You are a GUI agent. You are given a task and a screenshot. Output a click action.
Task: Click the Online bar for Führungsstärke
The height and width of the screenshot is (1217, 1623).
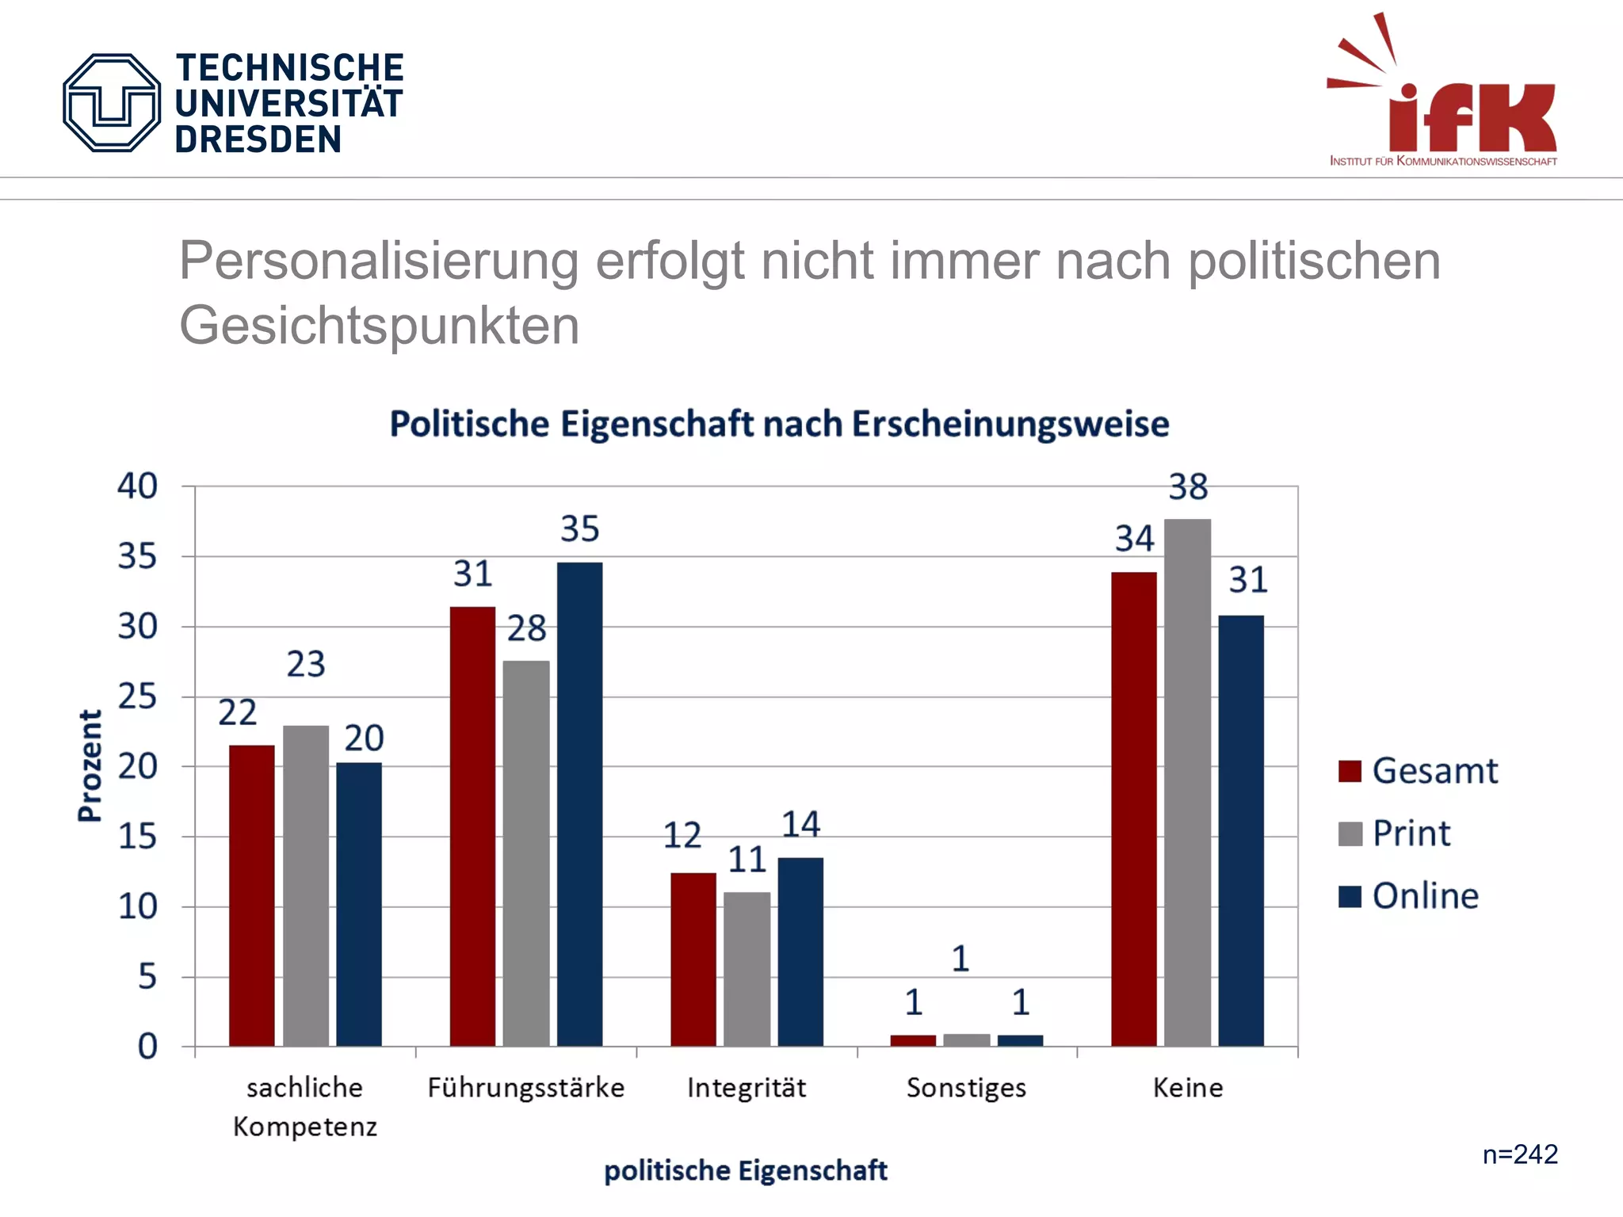[x=579, y=803]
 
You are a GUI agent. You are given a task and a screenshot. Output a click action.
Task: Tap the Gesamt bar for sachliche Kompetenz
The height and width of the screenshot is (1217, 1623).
[x=252, y=895]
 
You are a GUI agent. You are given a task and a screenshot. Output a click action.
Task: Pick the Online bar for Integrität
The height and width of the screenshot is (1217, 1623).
[x=800, y=951]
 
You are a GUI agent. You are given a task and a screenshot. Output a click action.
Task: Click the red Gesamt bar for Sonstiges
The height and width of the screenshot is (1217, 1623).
[x=913, y=1040]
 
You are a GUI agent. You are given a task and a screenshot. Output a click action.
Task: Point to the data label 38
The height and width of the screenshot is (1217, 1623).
[x=1188, y=487]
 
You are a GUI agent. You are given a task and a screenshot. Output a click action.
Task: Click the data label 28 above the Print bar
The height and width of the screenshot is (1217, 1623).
[x=527, y=629]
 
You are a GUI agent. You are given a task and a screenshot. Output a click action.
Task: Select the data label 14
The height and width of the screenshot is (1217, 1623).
[x=800, y=825]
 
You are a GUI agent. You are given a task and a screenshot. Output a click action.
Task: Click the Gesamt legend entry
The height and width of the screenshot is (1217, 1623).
[x=1419, y=771]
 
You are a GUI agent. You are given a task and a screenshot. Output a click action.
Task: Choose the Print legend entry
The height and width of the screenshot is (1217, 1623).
[x=1395, y=834]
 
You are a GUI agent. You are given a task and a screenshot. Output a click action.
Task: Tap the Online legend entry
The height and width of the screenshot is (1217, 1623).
[x=1409, y=896]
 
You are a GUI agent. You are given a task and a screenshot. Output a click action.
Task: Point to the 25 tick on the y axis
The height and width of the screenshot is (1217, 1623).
[x=138, y=697]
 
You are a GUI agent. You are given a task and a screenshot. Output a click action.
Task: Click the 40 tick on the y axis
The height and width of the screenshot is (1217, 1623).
[x=138, y=486]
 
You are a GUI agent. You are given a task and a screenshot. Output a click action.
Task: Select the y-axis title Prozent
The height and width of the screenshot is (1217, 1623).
[x=90, y=765]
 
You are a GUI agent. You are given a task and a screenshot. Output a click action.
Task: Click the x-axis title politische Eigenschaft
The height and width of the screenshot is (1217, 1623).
[x=745, y=1170]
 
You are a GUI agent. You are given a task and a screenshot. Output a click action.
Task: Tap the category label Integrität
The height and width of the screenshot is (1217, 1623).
[x=747, y=1088]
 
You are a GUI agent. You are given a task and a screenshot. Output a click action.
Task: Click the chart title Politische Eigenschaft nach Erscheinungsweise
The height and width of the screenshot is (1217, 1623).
[x=779, y=424]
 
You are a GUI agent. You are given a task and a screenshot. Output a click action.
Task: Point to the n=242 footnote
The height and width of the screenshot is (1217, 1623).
[x=1520, y=1154]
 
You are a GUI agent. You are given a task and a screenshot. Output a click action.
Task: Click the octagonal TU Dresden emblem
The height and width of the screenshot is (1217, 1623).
[x=112, y=103]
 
